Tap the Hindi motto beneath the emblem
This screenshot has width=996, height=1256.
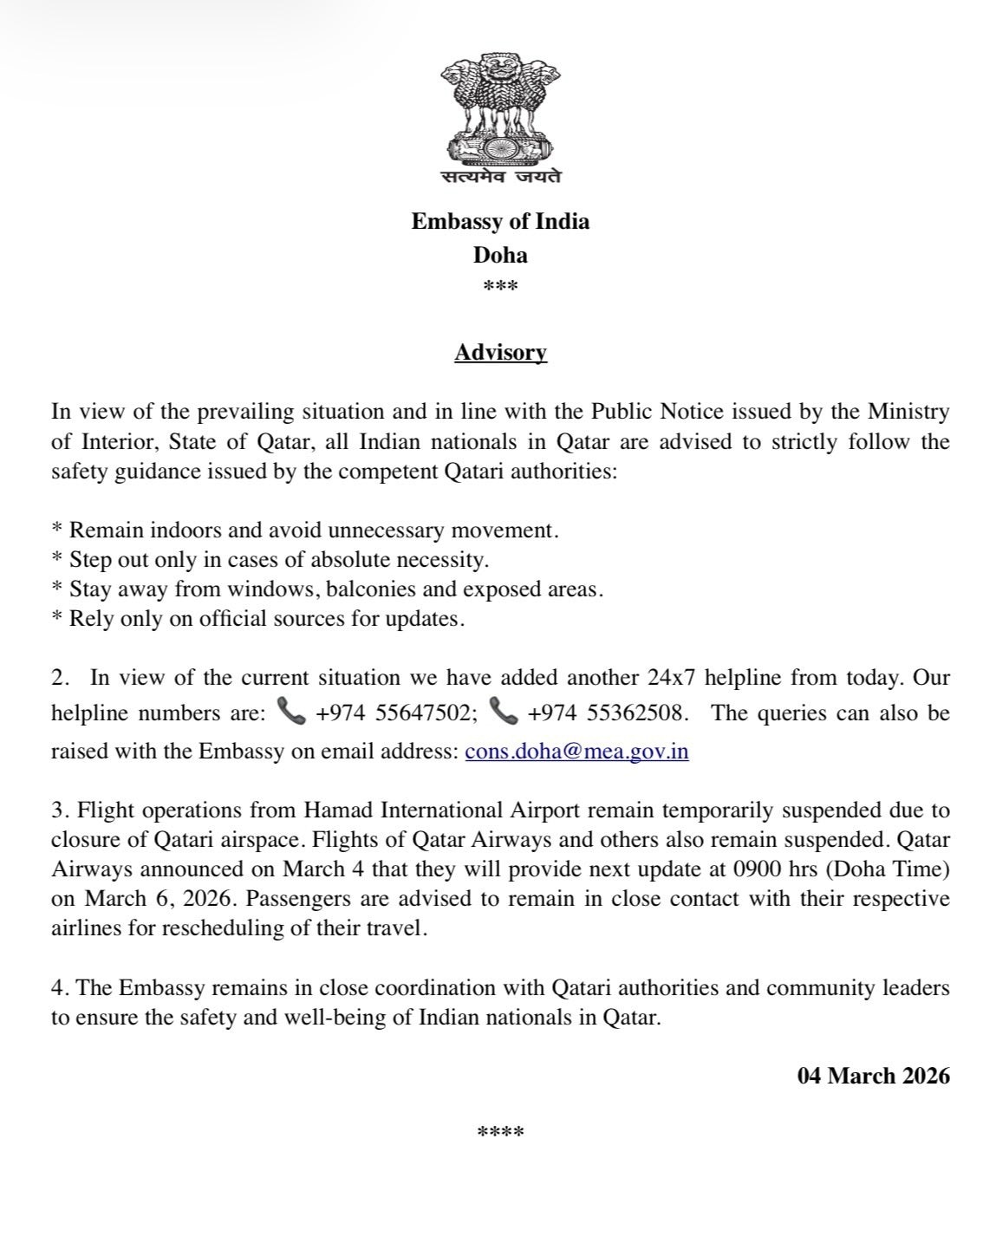pos(500,176)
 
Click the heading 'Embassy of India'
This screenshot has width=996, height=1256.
pos(500,221)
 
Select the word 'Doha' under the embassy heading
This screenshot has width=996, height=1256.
pos(500,255)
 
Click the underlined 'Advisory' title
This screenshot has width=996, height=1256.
pos(500,353)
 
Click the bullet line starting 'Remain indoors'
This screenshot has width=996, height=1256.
pos(305,530)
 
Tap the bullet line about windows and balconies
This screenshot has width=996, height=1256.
pos(328,589)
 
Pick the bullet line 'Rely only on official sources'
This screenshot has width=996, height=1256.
pos(258,620)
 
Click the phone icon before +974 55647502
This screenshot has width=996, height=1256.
pos(290,713)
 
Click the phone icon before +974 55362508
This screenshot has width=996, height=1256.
pos(503,713)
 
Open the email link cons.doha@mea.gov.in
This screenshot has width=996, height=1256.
pos(576,751)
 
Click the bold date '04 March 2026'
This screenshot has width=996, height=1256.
pos(873,1076)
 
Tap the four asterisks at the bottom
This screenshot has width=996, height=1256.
pos(500,1133)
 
